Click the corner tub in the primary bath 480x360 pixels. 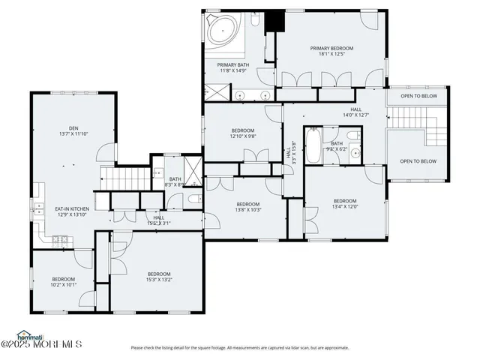pyautogui.click(x=223, y=31)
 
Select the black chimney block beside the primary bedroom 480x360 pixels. pyautogui.click(x=271, y=20)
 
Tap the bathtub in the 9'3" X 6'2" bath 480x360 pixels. pyautogui.click(x=315, y=143)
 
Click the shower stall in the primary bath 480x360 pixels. pyautogui.click(x=217, y=93)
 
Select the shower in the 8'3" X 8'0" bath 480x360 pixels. pyautogui.click(x=193, y=169)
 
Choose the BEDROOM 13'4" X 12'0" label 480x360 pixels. pyautogui.click(x=344, y=203)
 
